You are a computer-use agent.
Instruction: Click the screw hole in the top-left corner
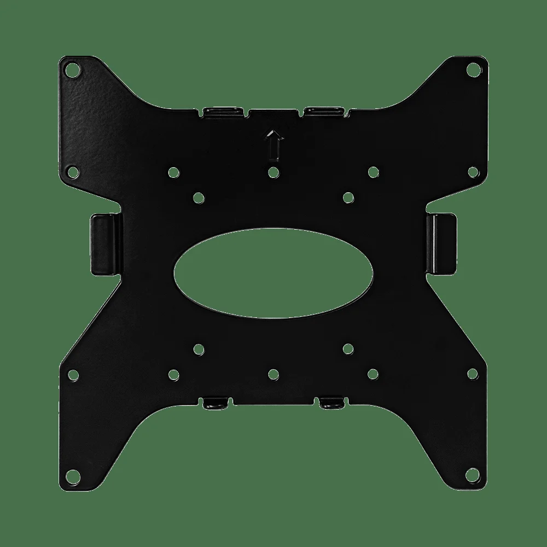(x=71, y=70)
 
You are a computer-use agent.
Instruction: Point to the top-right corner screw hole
(x=474, y=69)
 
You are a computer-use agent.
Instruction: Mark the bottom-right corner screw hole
(x=474, y=475)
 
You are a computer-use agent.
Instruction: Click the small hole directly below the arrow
(x=273, y=172)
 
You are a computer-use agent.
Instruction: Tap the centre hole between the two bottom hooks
(x=273, y=374)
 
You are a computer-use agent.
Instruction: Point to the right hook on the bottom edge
(x=330, y=404)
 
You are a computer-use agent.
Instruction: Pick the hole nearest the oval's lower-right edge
(x=348, y=348)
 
